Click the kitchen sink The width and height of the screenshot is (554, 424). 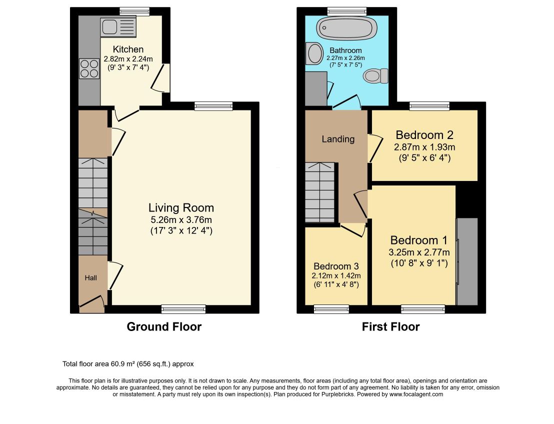118,27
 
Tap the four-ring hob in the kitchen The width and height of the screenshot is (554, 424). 89,68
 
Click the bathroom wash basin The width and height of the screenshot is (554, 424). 313,53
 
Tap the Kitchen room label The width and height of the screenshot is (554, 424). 128,49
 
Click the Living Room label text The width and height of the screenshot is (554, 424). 181,207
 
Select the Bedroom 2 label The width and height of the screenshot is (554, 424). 424,134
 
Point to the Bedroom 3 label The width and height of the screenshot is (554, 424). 336,266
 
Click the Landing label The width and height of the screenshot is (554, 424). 338,139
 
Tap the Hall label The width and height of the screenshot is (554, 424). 91,278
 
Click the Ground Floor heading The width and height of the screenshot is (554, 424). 164,326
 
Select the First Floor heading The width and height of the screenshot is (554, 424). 391,326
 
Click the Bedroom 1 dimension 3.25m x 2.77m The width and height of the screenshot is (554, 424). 419,252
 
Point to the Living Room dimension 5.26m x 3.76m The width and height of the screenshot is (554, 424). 181,220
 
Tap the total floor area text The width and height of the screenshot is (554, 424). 128,364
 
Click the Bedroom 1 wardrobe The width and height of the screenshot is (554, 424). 466,261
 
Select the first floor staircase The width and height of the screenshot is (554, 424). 320,192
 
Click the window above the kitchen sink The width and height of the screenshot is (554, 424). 134,11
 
